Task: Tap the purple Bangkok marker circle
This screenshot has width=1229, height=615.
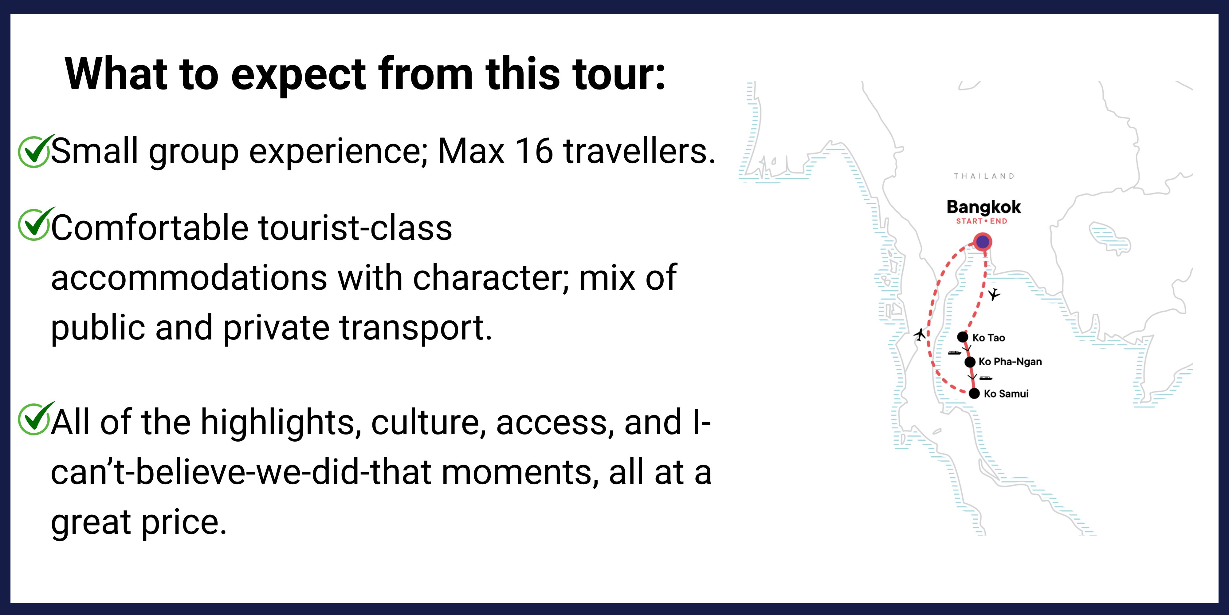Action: click(x=982, y=242)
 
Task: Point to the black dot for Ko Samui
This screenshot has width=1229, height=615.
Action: click(x=974, y=394)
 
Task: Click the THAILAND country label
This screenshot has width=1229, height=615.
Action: click(x=984, y=176)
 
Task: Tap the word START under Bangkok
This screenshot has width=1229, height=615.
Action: click(x=969, y=221)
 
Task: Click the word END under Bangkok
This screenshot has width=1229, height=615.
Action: click(x=999, y=221)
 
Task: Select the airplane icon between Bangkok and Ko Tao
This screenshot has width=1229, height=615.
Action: click(x=994, y=294)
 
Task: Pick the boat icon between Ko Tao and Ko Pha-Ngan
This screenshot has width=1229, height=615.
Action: click(x=955, y=353)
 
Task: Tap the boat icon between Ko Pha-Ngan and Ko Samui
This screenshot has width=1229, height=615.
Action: click(x=986, y=378)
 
